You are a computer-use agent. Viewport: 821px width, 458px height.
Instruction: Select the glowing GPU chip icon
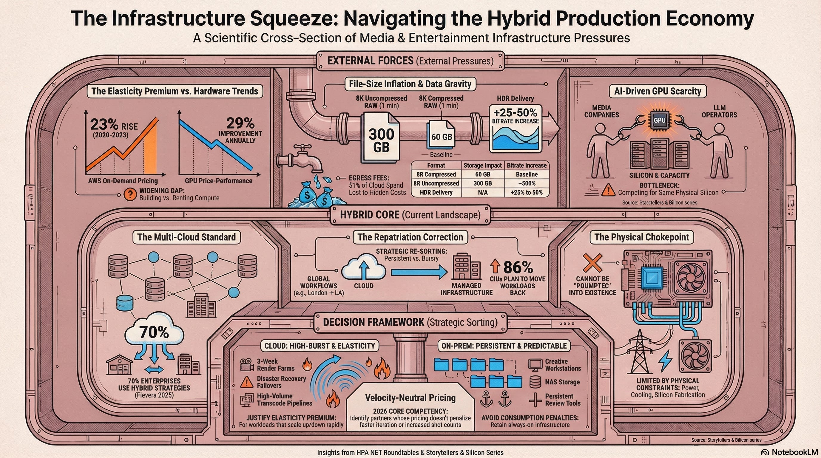tap(659, 121)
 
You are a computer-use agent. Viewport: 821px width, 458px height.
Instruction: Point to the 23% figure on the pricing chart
tap(104, 125)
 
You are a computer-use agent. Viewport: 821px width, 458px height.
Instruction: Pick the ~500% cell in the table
tap(527, 183)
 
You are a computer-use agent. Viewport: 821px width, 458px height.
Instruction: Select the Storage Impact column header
tap(482, 165)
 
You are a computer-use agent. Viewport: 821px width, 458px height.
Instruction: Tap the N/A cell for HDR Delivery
tap(482, 192)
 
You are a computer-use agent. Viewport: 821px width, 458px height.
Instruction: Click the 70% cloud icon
tap(155, 332)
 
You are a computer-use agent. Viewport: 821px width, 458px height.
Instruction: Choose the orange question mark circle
tap(130, 194)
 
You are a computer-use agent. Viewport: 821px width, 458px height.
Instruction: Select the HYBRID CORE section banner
tap(410, 215)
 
